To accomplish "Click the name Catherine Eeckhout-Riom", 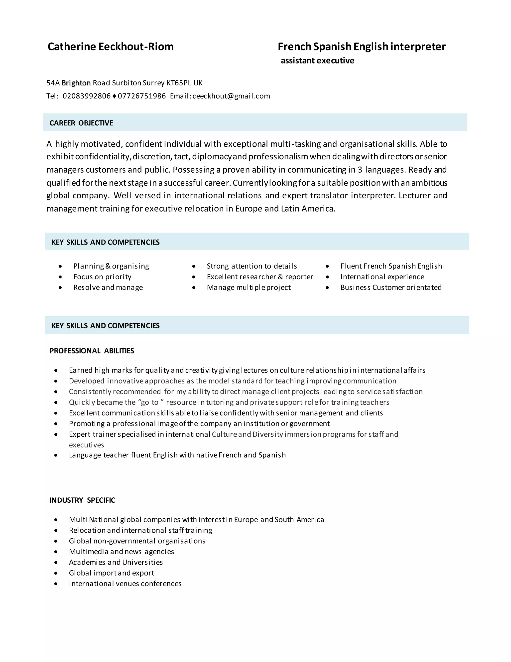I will (x=111, y=47).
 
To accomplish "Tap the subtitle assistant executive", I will (x=317, y=61).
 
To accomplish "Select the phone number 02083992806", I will (x=87, y=96).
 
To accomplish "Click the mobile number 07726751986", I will (x=142, y=96).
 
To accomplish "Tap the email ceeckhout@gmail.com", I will (x=231, y=96).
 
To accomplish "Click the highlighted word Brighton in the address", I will (x=76, y=83).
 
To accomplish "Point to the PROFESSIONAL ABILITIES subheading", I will (x=92, y=351).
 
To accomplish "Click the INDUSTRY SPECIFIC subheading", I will (x=82, y=500).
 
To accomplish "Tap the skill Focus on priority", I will (x=102, y=277).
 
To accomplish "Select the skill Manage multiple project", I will (x=249, y=287).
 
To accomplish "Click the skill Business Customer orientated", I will (x=391, y=287).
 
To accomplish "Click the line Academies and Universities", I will (x=116, y=562).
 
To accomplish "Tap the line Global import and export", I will (x=111, y=573).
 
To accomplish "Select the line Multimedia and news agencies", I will (x=122, y=552).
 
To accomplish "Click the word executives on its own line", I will (x=86, y=445).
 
